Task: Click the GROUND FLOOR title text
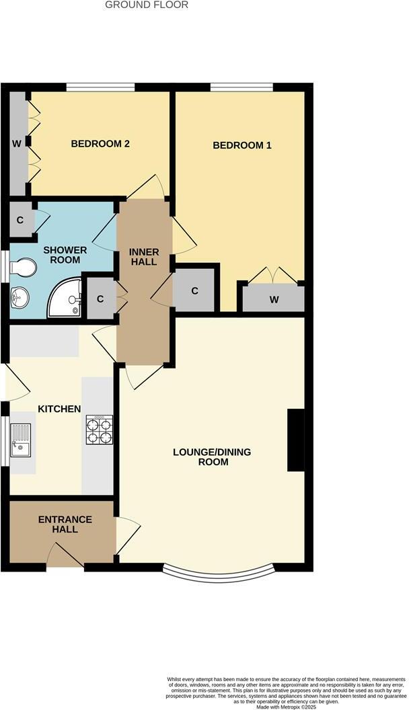click(x=147, y=5)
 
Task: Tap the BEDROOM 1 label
click(x=241, y=145)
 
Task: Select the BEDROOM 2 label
click(x=100, y=143)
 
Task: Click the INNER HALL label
click(x=144, y=257)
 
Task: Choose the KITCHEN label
click(x=59, y=409)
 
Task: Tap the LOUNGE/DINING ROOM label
click(x=212, y=457)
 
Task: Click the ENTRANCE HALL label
click(x=65, y=524)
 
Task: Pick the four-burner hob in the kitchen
click(x=99, y=430)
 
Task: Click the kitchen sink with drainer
click(x=21, y=440)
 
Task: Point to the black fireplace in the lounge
click(x=295, y=440)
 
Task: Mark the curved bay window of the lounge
click(x=219, y=574)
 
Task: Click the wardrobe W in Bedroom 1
click(x=274, y=299)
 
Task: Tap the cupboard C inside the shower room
click(x=21, y=219)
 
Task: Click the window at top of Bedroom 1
click(x=241, y=87)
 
